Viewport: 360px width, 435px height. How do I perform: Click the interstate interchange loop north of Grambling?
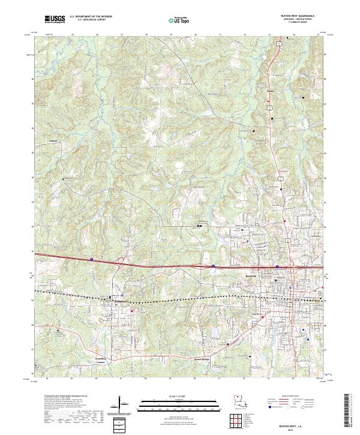click(x=121, y=260)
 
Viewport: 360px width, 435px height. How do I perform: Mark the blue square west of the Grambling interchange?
click(x=91, y=259)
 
